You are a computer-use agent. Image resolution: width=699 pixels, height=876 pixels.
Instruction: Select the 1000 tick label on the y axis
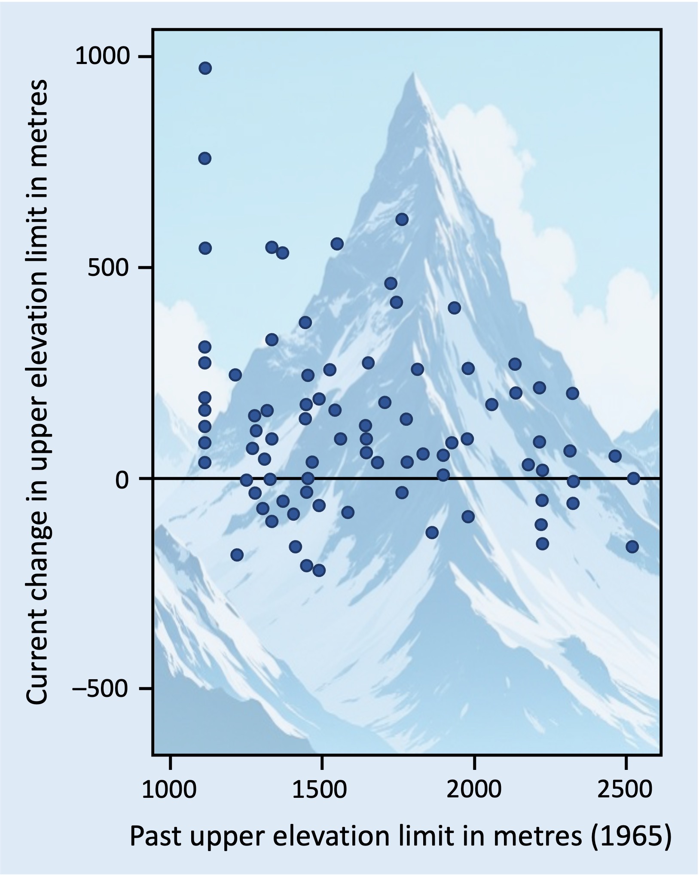click(x=102, y=56)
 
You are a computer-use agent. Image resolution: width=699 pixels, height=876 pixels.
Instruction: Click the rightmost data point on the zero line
click(x=633, y=478)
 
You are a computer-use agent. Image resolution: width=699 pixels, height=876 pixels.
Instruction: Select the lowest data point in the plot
click(x=319, y=570)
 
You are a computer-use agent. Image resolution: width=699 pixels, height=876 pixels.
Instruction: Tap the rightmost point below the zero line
click(x=632, y=546)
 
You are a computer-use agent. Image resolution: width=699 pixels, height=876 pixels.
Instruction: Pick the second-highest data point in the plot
click(x=205, y=159)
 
